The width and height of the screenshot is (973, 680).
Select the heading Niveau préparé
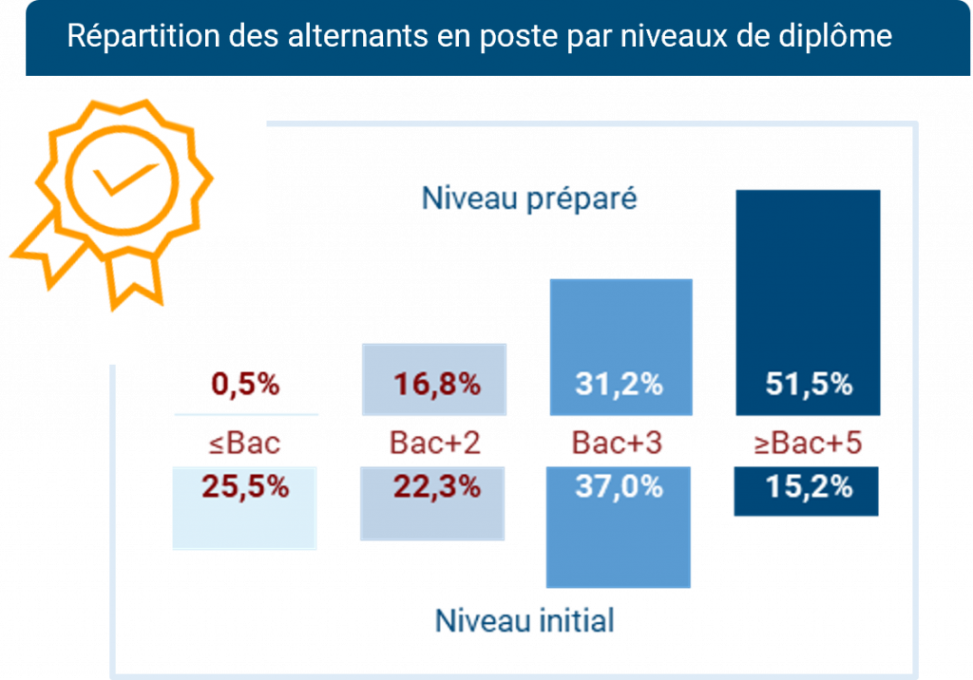(x=529, y=199)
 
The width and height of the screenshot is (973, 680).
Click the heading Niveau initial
(x=525, y=621)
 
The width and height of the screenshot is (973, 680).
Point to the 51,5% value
(x=809, y=386)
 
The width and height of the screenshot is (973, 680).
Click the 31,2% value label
(x=619, y=386)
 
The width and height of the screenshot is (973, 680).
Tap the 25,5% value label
(x=244, y=486)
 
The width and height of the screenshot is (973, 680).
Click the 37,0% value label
(x=619, y=486)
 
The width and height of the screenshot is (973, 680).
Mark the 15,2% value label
(x=809, y=486)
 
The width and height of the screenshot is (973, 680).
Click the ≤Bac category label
(x=244, y=444)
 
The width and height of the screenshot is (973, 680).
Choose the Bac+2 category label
(x=435, y=444)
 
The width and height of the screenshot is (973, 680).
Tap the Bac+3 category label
(x=618, y=444)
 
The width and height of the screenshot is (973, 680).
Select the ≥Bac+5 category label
(x=808, y=444)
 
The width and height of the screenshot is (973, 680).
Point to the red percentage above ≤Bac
(x=244, y=386)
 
